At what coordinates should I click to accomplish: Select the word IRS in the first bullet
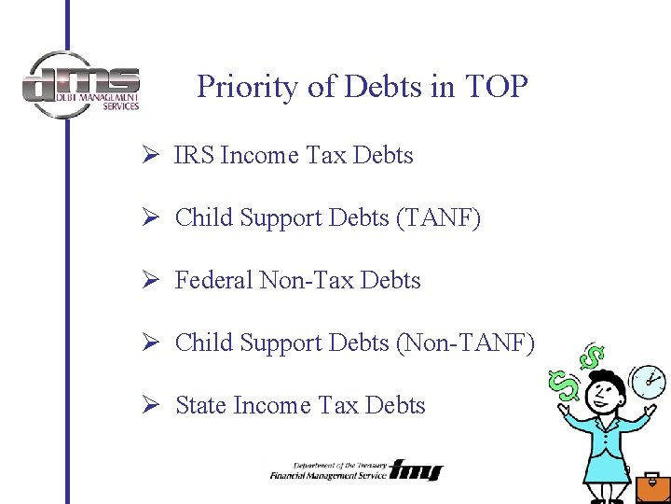(192, 155)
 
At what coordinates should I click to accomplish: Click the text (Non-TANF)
(466, 343)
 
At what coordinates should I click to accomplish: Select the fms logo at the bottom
(417, 469)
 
